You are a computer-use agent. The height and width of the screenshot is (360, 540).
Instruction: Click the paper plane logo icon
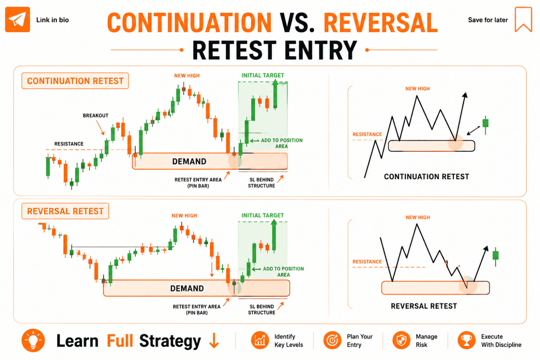(x=17, y=19)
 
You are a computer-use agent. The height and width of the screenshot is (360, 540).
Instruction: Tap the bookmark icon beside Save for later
(x=523, y=19)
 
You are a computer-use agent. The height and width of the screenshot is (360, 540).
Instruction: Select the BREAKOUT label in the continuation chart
(x=95, y=116)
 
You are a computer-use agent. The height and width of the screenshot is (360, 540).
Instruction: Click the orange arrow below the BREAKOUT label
(x=100, y=127)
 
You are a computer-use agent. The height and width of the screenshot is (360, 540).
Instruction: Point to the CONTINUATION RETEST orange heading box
(x=75, y=81)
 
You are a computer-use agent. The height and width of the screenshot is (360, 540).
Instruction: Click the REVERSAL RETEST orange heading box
(x=65, y=211)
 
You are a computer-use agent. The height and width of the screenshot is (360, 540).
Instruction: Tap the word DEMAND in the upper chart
(x=189, y=161)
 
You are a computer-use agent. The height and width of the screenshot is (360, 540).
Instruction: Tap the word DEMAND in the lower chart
(x=187, y=288)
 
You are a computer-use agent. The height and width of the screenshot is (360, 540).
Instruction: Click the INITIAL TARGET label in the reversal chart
(x=262, y=215)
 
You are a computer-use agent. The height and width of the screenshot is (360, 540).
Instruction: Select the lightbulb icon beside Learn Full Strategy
(x=33, y=340)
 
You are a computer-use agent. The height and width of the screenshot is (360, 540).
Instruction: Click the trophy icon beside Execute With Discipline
(x=467, y=340)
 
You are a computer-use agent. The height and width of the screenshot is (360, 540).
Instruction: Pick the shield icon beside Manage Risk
(x=401, y=340)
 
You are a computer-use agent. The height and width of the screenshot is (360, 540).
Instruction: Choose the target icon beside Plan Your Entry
(x=332, y=340)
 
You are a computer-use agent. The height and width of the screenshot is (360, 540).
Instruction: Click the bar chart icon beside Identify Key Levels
(x=260, y=340)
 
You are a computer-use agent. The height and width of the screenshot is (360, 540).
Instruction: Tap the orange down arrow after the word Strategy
(x=214, y=341)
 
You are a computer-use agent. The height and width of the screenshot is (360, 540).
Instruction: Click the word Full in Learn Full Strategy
(x=120, y=341)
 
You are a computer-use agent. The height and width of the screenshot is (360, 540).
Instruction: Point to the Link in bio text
(x=53, y=20)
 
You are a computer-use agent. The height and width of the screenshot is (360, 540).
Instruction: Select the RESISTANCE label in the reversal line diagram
(x=367, y=262)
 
